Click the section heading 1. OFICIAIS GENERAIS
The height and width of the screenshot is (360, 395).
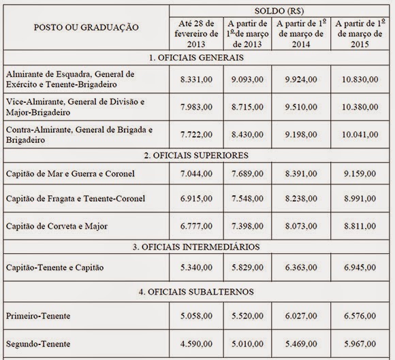(x=196, y=57)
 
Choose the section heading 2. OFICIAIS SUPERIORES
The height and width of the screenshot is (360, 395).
(x=196, y=154)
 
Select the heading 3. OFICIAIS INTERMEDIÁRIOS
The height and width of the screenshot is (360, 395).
(x=196, y=246)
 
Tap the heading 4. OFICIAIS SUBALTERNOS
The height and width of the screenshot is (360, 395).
(x=196, y=292)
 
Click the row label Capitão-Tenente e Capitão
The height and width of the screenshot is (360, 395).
(x=55, y=267)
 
